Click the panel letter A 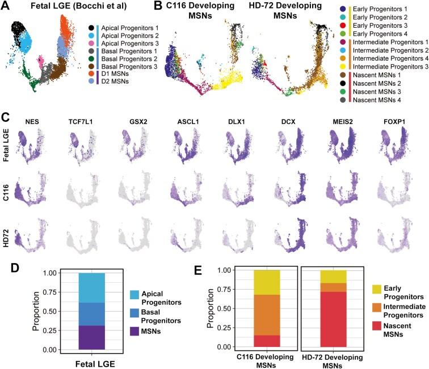pos(5,6)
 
